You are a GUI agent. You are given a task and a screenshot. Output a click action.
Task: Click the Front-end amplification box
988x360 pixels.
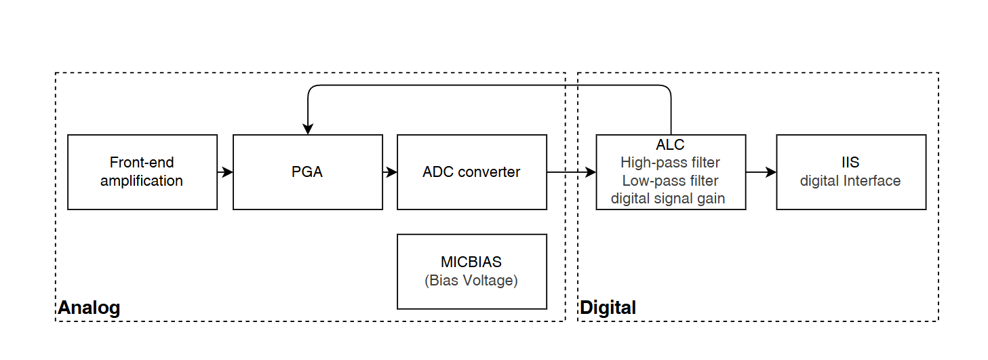tap(142, 172)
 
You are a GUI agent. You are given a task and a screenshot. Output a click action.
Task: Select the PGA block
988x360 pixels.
tap(307, 172)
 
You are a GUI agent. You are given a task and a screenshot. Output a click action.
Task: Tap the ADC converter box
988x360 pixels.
tap(471, 172)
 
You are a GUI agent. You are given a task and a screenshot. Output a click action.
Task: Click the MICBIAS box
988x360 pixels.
tap(471, 271)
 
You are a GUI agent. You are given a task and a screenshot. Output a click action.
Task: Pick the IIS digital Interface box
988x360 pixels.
tap(850, 172)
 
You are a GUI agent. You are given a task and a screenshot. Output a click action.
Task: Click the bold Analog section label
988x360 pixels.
tap(89, 308)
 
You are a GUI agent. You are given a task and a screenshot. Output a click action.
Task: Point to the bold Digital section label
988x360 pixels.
tap(608, 308)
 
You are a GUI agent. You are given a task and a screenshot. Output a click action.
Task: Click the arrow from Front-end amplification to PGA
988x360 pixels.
tap(225, 172)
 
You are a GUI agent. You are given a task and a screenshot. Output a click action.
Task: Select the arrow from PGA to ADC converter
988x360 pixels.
tap(390, 172)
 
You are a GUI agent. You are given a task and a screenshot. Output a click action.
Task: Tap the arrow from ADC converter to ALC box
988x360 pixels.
tap(571, 172)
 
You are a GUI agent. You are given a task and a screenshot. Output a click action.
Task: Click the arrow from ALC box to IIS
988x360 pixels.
tap(761, 172)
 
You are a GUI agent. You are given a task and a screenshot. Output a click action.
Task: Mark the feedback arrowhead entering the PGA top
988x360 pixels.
tap(308, 129)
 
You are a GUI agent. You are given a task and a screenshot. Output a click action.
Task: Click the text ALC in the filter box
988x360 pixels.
tap(670, 145)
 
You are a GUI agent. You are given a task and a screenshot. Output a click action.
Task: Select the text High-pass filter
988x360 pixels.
tap(670, 163)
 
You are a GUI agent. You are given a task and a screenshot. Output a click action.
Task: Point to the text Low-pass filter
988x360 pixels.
tap(670, 181)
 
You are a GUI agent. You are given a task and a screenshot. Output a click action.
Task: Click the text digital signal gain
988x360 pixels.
tap(668, 199)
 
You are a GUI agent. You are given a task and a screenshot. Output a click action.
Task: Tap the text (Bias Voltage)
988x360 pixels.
tap(471, 281)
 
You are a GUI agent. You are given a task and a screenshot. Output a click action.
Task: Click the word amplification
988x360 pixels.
tap(142, 181)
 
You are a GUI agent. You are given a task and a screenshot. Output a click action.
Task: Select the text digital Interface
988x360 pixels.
tap(850, 181)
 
